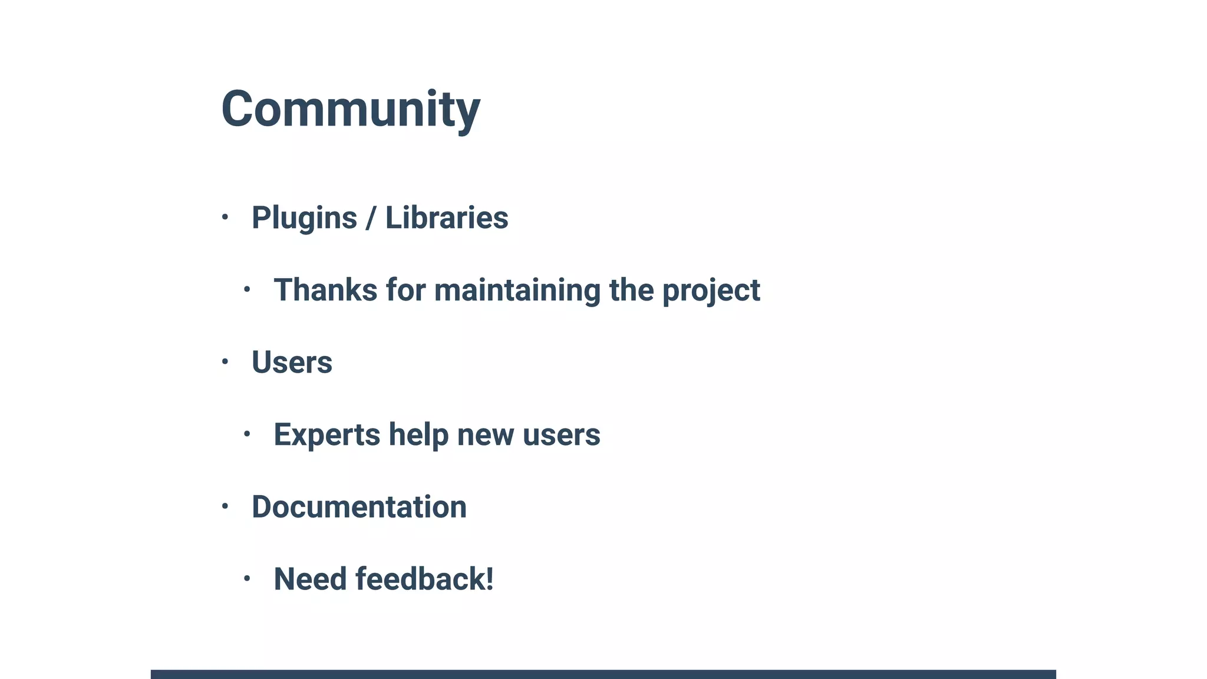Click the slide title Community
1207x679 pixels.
pyautogui.click(x=350, y=109)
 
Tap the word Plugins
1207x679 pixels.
pyautogui.click(x=304, y=218)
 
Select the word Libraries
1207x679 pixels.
pyautogui.click(x=446, y=218)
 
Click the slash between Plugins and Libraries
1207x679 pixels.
pyautogui.click(x=371, y=218)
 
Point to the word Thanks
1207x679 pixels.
pyautogui.click(x=325, y=290)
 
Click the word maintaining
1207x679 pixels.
pyautogui.click(x=517, y=290)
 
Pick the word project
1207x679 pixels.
pyautogui.click(x=711, y=291)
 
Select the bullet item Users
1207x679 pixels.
pyautogui.click(x=292, y=362)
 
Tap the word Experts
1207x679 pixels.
pyautogui.click(x=327, y=435)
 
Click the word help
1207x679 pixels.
pyautogui.click(x=418, y=435)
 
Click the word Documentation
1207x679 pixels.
pyautogui.click(x=359, y=507)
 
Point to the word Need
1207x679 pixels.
pyautogui.click(x=310, y=579)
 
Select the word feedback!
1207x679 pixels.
pyautogui.click(x=424, y=579)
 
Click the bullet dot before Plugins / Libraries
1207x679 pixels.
pyautogui.click(x=225, y=217)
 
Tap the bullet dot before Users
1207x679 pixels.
pyautogui.click(x=225, y=361)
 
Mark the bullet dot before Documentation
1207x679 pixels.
pyautogui.click(x=225, y=506)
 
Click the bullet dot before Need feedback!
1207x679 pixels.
pyautogui.click(x=247, y=578)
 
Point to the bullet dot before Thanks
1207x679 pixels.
pyautogui.click(x=247, y=289)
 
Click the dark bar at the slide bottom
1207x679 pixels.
pyautogui.click(x=603, y=674)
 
